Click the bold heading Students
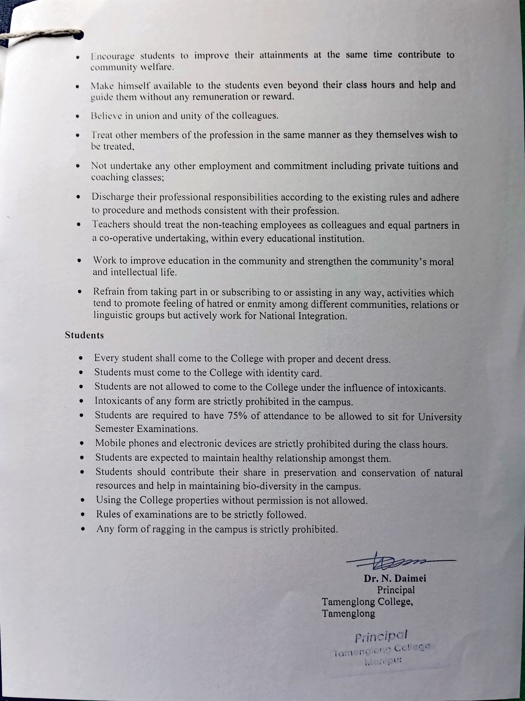click(84, 335)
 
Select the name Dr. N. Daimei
click(395, 578)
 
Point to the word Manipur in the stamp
click(383, 661)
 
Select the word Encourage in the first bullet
click(112, 56)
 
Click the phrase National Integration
click(303, 316)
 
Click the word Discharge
click(113, 197)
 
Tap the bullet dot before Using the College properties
click(83, 501)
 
